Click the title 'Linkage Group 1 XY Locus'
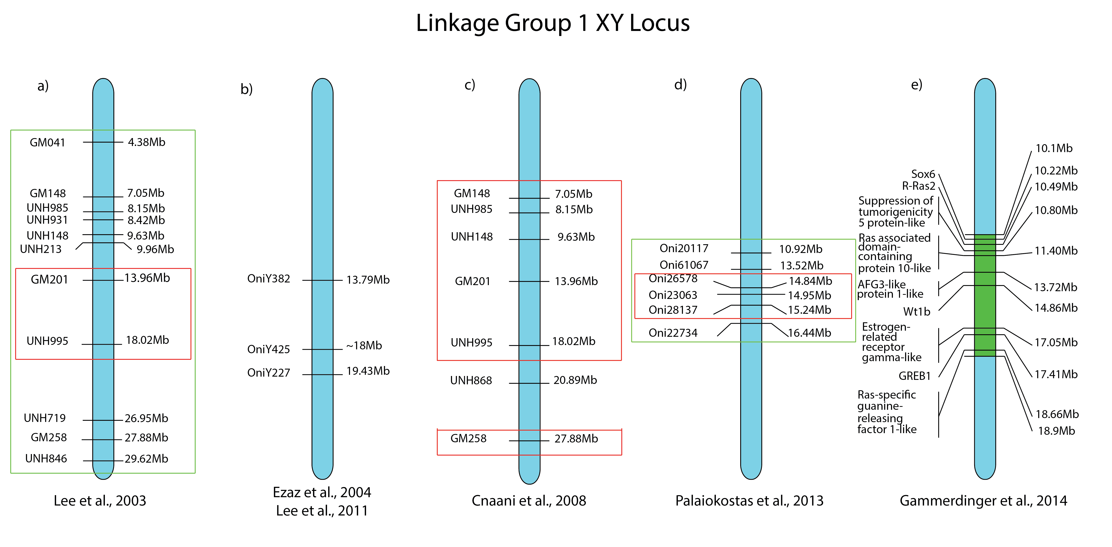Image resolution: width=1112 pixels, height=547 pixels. (x=553, y=23)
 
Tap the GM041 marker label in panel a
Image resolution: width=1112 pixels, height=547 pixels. (x=48, y=143)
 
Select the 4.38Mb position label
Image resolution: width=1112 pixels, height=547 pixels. (x=146, y=142)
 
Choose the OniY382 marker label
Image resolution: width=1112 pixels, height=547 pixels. (x=268, y=279)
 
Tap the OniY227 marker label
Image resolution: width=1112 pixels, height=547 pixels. (x=268, y=373)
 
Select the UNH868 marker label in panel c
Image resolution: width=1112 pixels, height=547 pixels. (x=471, y=380)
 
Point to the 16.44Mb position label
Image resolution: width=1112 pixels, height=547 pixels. (x=809, y=333)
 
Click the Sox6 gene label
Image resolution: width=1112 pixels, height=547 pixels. (x=923, y=174)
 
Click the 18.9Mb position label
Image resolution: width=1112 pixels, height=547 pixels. (x=1056, y=431)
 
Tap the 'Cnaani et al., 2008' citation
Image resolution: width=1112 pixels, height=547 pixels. (x=529, y=501)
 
